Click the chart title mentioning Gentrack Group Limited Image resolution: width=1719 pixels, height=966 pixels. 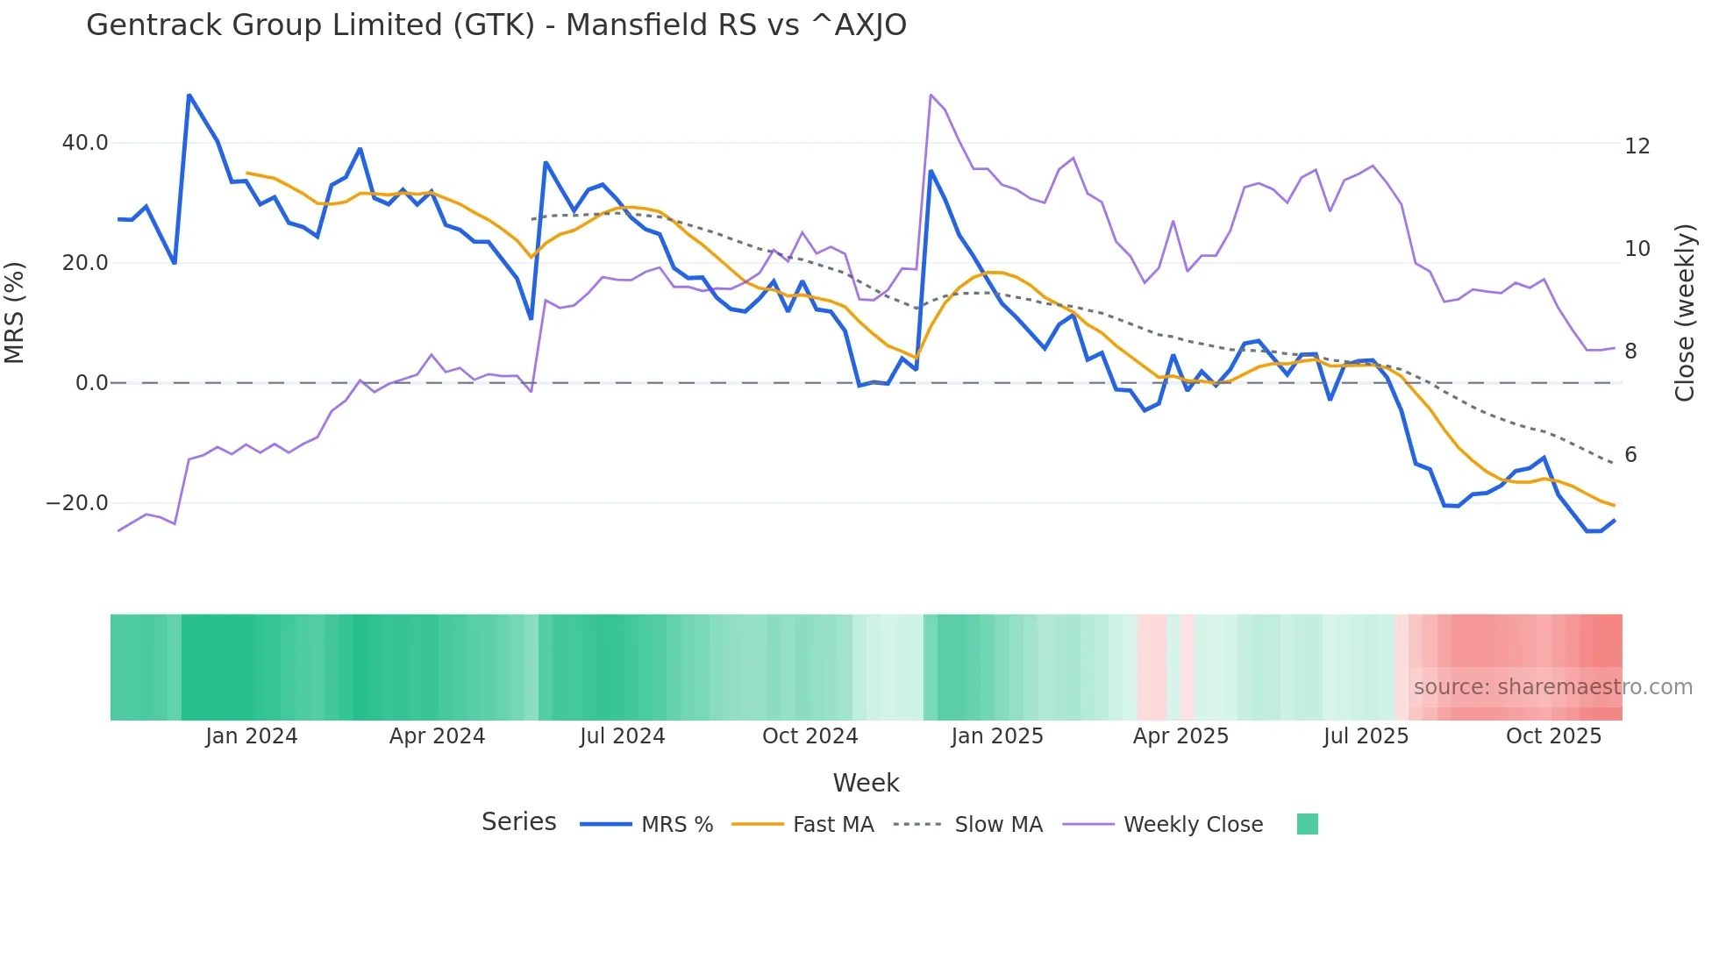[496, 25]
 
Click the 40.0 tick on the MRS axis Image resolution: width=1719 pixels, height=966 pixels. [85, 143]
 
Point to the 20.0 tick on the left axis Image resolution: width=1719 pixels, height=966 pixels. [85, 263]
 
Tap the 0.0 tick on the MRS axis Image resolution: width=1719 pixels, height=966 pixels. [91, 383]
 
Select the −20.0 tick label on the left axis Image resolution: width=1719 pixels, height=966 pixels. [77, 503]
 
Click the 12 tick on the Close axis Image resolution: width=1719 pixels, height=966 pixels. [1637, 146]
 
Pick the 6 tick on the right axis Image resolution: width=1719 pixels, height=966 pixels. [1630, 455]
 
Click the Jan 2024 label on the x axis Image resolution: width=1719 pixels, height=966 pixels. [252, 736]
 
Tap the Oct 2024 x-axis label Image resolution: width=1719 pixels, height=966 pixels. [810, 736]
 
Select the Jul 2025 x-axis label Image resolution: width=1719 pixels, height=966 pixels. [1366, 736]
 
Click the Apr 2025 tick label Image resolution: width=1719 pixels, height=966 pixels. [1180, 736]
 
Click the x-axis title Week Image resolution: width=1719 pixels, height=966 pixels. [866, 783]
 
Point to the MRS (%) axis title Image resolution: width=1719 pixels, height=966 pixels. [15, 312]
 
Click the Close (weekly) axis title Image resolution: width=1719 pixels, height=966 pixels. [1685, 312]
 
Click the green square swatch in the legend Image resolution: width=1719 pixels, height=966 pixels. [1307, 824]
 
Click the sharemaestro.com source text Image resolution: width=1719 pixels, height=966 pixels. [1552, 687]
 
